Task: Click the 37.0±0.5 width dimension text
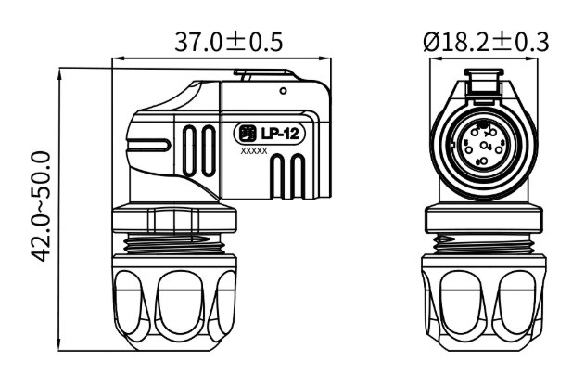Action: [x=228, y=42]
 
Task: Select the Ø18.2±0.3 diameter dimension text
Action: [x=484, y=42]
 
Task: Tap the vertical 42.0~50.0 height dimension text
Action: [x=41, y=213]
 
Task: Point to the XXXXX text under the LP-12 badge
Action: [x=254, y=150]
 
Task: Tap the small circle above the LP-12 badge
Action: [x=283, y=91]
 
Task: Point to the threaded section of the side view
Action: [x=176, y=244]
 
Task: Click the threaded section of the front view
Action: [x=482, y=244]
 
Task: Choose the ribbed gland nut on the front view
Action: [x=482, y=306]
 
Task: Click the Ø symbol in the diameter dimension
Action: [x=430, y=42]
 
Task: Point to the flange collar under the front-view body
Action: [x=482, y=221]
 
